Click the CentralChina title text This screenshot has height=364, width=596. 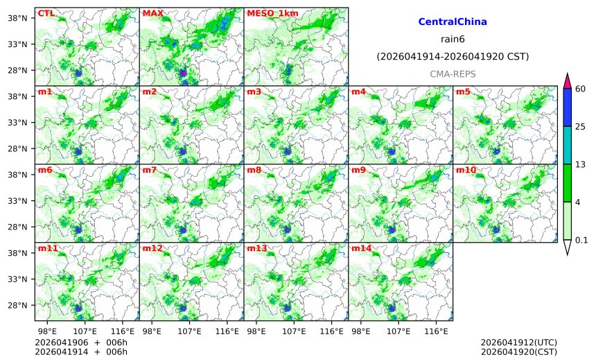(453, 22)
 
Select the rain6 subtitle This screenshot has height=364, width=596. (453, 39)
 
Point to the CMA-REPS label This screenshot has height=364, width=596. (453, 73)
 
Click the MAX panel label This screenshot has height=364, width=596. (152, 13)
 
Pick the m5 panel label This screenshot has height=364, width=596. (463, 92)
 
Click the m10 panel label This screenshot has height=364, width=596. (465, 170)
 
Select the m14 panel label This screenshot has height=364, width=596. (361, 248)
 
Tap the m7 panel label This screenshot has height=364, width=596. (149, 170)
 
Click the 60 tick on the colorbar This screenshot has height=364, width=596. (581, 88)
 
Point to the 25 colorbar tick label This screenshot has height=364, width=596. (581, 126)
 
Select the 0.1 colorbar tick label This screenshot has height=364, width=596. (582, 241)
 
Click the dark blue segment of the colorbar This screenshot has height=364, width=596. (567, 107)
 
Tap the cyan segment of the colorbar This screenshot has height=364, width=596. (567, 145)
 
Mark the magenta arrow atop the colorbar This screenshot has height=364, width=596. (567, 80)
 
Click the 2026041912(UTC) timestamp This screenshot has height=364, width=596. (518, 343)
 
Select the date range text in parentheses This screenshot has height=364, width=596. (453, 56)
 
